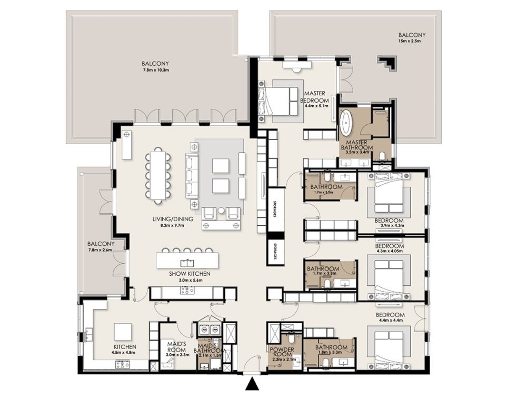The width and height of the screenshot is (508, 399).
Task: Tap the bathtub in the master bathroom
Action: coord(346,123)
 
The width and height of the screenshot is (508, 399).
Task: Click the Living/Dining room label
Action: coord(173,219)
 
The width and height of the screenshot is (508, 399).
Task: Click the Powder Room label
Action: coord(282,352)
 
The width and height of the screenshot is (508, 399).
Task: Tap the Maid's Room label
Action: coord(176,346)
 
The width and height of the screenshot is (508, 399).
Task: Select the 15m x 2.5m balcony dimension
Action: coord(410,41)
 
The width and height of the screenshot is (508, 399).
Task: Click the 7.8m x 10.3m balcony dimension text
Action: coord(155,70)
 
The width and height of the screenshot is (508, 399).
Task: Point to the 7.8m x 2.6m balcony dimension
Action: coord(100,250)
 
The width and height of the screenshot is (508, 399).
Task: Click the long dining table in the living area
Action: coord(158,176)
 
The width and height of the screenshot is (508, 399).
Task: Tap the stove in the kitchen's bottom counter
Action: coord(123,365)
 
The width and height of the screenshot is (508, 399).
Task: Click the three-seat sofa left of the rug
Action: coord(192,175)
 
